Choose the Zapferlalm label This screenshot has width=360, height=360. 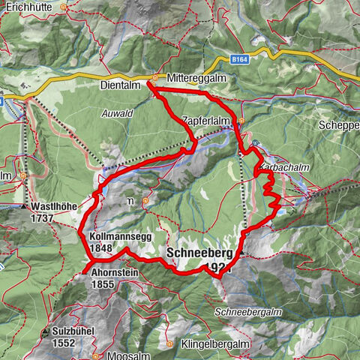[x=208, y=120]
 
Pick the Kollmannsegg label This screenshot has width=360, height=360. [x=112, y=236]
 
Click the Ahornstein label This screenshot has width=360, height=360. [x=112, y=273]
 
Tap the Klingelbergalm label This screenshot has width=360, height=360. [x=214, y=344]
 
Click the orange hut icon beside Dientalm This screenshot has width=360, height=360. [x=154, y=77]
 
